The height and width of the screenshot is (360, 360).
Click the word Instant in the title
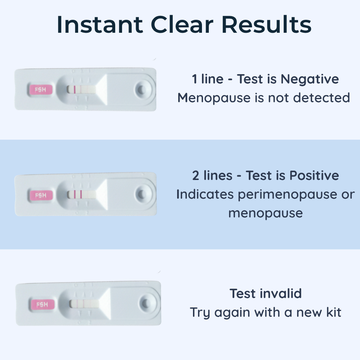click(100, 24)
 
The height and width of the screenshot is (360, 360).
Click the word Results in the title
click(266, 24)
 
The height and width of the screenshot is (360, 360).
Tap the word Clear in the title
click(182, 24)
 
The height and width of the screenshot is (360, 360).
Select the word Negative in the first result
click(310, 79)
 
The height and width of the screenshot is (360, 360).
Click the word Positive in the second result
click(314, 175)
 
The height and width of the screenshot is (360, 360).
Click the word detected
click(321, 98)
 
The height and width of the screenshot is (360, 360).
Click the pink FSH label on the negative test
click(40, 90)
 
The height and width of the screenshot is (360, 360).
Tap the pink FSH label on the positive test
click(41, 195)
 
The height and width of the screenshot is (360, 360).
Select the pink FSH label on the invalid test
click(42, 305)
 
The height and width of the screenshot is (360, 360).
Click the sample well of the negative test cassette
click(141, 89)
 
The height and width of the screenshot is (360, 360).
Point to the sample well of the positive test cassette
click(142, 194)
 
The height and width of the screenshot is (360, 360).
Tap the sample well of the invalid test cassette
click(146, 303)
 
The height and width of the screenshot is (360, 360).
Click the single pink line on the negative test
click(75, 89)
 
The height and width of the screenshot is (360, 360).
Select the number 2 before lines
click(195, 176)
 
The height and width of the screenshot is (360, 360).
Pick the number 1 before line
click(194, 79)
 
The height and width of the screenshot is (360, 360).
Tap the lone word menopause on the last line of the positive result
click(266, 213)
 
